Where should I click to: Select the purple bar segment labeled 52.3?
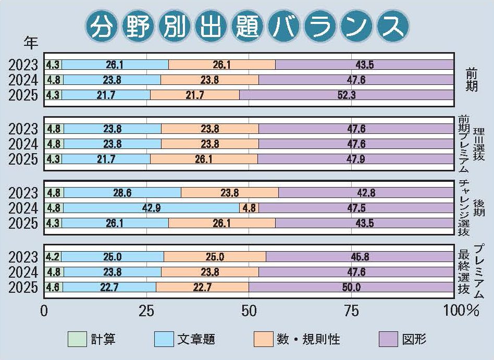pos(347,95)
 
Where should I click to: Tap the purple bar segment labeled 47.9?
pos(355,159)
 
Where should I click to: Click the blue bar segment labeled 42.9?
pos(151,208)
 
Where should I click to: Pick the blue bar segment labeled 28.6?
pos(122,193)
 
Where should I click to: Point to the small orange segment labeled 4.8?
pos(249,208)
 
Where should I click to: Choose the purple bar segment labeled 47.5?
pos(356,208)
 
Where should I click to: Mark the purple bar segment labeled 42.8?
pos(366,193)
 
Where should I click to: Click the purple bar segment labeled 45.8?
pos(360,257)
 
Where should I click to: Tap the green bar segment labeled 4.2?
pos(53,257)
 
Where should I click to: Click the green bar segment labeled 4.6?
pos(54,287)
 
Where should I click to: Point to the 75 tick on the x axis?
pos(352,311)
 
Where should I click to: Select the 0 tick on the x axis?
pos(44,311)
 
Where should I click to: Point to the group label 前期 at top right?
pos(471,80)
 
